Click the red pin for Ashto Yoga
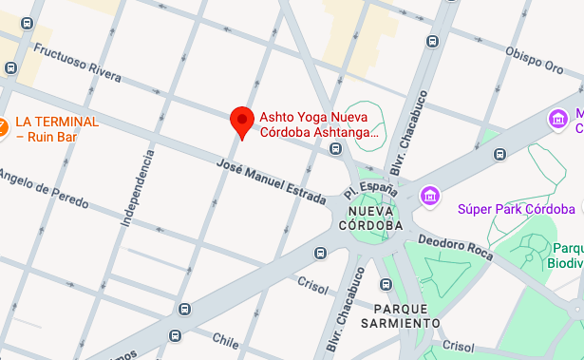click(x=242, y=122)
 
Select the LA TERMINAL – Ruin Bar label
click(x=57, y=129)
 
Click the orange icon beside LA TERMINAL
click(x=3, y=125)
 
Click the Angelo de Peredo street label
click(x=44, y=187)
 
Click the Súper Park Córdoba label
click(x=516, y=209)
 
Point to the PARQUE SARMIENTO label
click(x=401, y=316)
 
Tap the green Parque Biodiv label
click(x=567, y=256)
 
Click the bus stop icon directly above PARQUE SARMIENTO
click(x=386, y=284)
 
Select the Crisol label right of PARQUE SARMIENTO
click(x=457, y=347)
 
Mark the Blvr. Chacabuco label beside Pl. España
click(x=405, y=147)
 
